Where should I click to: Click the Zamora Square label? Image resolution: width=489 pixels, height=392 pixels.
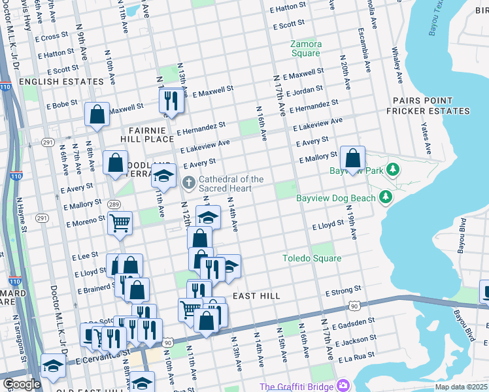point(305,48)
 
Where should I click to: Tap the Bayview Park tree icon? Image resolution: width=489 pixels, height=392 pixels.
point(392,170)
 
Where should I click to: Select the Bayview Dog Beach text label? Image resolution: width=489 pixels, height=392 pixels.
point(336,198)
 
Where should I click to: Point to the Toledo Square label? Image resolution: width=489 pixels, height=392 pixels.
point(311,258)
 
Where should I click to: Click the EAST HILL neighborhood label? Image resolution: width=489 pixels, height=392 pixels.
point(256,296)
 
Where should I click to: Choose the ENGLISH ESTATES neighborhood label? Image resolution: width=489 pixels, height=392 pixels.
point(61,82)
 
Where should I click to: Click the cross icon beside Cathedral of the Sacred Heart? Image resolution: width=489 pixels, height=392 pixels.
point(189,182)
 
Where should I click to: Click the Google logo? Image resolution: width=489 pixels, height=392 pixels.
point(21,384)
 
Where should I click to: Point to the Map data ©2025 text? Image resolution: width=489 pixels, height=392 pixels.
point(461,387)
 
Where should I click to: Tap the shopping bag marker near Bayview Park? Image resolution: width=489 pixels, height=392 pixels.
point(352,158)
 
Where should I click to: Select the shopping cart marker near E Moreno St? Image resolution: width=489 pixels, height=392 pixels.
point(120,223)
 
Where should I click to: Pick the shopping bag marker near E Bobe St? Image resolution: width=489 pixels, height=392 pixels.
point(97,114)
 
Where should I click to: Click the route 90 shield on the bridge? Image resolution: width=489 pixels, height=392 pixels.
point(354,305)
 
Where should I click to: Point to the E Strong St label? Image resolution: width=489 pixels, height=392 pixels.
point(344,289)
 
